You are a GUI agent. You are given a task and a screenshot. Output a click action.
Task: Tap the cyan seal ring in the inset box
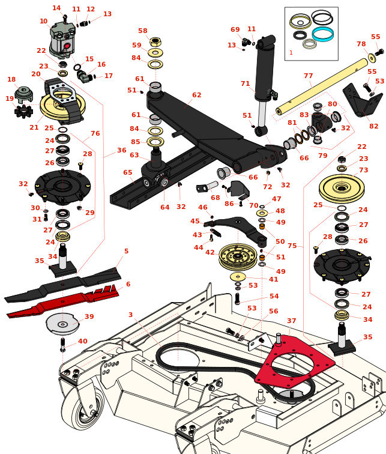[322, 34]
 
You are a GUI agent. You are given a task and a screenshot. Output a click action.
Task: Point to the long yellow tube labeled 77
[322, 86]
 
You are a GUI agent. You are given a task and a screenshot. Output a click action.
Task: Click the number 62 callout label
[196, 95]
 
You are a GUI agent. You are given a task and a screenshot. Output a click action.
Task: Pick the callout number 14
[56, 8]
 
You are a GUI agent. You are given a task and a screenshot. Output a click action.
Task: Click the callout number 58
[143, 31]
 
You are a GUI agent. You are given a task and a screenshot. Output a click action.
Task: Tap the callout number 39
[89, 317]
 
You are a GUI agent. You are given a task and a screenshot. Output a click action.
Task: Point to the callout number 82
[373, 126]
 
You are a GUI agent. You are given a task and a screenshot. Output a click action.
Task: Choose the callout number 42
[210, 252]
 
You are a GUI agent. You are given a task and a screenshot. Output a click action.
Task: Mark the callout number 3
[130, 315]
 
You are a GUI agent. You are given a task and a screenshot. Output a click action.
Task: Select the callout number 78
[361, 44]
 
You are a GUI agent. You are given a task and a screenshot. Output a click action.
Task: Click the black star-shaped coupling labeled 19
[23, 111]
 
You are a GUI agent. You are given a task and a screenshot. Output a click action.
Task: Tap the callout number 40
[82, 341]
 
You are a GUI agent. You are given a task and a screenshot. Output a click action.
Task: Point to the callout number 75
[292, 246]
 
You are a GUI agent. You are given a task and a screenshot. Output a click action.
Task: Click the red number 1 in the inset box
[291, 53]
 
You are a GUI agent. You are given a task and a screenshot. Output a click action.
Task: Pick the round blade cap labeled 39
[62, 324]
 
